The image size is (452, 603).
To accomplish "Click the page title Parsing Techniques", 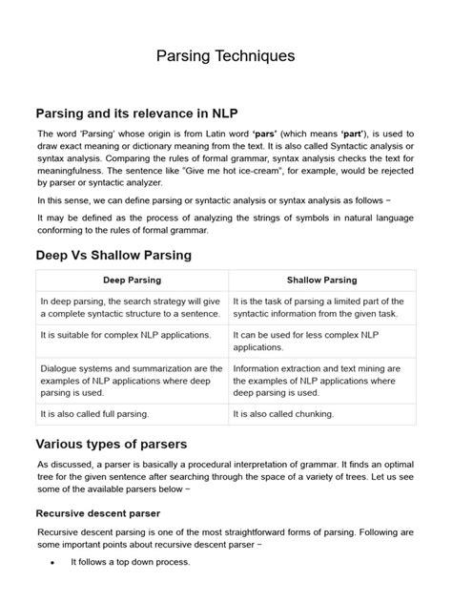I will [226, 56].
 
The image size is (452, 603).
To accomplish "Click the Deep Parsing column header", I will [132, 281].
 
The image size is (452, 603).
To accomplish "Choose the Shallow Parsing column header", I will [321, 281].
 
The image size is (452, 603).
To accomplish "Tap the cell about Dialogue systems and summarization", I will [132, 381].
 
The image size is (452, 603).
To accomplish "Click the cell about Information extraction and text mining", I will [321, 381].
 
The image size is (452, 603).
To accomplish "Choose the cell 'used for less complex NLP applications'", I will [321, 342].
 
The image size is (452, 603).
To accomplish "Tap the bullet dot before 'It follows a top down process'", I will [51, 563].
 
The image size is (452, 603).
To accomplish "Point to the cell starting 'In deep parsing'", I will [132, 307].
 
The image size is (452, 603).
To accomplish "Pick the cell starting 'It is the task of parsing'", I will [321, 307].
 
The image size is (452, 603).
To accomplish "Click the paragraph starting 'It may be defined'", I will [225, 224].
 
